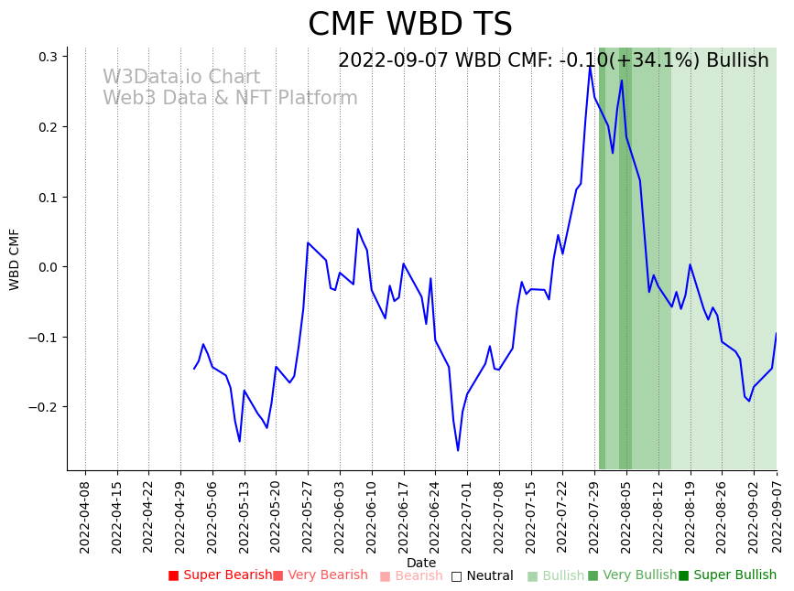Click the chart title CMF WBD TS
pos(409,25)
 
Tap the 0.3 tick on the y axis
pos(47,57)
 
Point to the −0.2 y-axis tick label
pos(43,407)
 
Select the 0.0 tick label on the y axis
pos(47,267)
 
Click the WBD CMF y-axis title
pos(15,259)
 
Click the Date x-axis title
pos(421,563)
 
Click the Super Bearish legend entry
pos(220,575)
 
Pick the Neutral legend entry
pos(483,575)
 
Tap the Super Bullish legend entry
pos(727,575)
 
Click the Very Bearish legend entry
pos(320,575)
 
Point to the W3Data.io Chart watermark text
pos(181,78)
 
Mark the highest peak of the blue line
pos(591,65)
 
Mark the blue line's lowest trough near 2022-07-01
pos(458,450)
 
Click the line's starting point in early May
pos(194,369)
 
